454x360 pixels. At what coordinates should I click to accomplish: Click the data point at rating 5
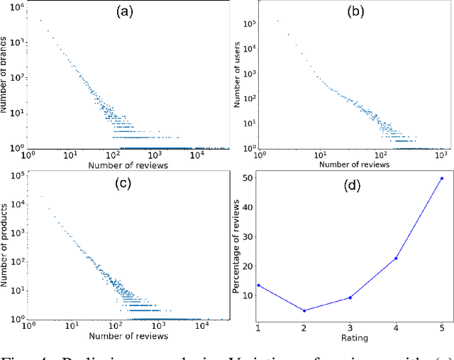point(442,178)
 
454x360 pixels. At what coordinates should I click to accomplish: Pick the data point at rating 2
point(304,310)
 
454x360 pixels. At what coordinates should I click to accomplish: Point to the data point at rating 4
point(396,258)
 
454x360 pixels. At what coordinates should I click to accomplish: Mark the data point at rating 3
point(350,298)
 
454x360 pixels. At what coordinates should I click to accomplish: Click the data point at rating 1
point(258,285)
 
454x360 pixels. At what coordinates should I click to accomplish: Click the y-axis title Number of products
point(6,244)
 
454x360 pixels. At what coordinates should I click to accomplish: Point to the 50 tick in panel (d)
point(246,178)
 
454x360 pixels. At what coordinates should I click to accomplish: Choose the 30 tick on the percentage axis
point(246,237)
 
